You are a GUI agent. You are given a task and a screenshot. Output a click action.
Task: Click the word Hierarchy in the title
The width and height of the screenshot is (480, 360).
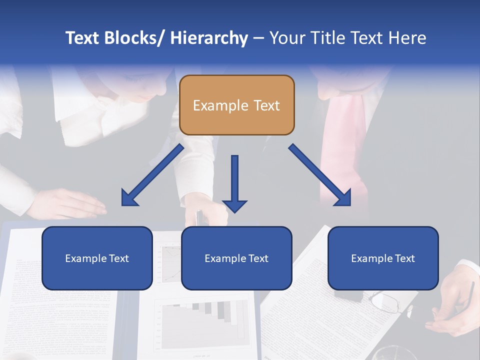click(209, 38)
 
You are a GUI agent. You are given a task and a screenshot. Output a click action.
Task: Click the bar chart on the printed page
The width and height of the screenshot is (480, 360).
click(205, 317)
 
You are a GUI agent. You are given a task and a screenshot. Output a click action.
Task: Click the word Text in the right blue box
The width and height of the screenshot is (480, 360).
click(404, 258)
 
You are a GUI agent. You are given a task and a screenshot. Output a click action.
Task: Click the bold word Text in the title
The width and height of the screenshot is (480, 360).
click(82, 38)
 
